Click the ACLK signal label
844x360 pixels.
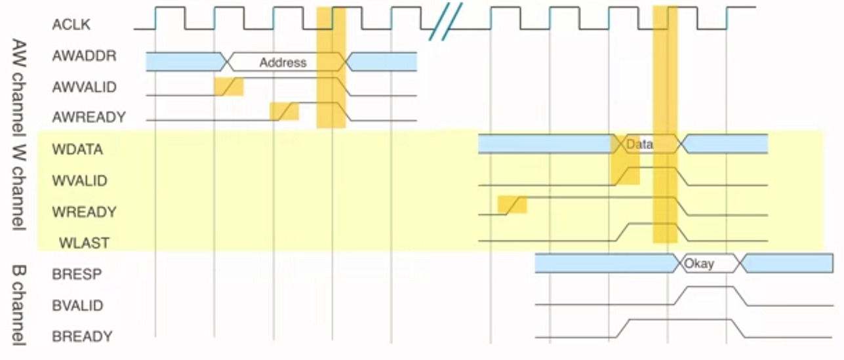tap(71, 26)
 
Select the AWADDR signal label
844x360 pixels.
tap(84, 56)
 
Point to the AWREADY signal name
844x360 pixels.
tap(89, 117)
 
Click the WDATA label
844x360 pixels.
tap(77, 149)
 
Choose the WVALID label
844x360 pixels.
tap(79, 180)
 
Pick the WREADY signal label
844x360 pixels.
tap(84, 212)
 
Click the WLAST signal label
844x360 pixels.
tap(84, 243)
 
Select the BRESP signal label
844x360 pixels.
tap(77, 273)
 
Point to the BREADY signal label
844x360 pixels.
tap(82, 336)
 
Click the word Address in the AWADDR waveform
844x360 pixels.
tap(283, 63)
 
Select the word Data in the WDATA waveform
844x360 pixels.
tap(639, 144)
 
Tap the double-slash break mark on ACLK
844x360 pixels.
tap(445, 21)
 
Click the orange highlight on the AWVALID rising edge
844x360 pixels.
tap(228, 87)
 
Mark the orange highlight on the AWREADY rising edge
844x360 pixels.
tap(284, 111)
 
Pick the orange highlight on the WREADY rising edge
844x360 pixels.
tap(512, 205)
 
